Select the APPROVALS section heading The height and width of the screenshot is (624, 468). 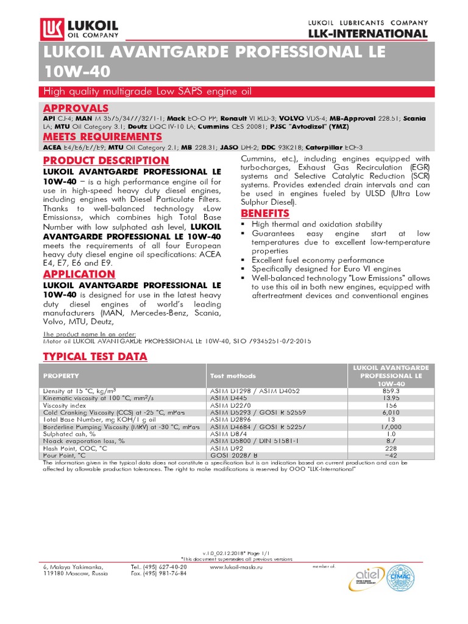tap(72, 108)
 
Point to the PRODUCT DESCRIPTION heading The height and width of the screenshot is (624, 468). tap(106, 160)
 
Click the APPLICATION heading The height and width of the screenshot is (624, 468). tap(79, 274)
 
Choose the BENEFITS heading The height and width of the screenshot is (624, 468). tap(266, 213)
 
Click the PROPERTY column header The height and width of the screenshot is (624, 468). tap(60, 376)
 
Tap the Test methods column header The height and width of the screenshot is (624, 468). tap(233, 376)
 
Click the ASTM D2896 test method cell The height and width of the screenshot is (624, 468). tap(230, 419)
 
